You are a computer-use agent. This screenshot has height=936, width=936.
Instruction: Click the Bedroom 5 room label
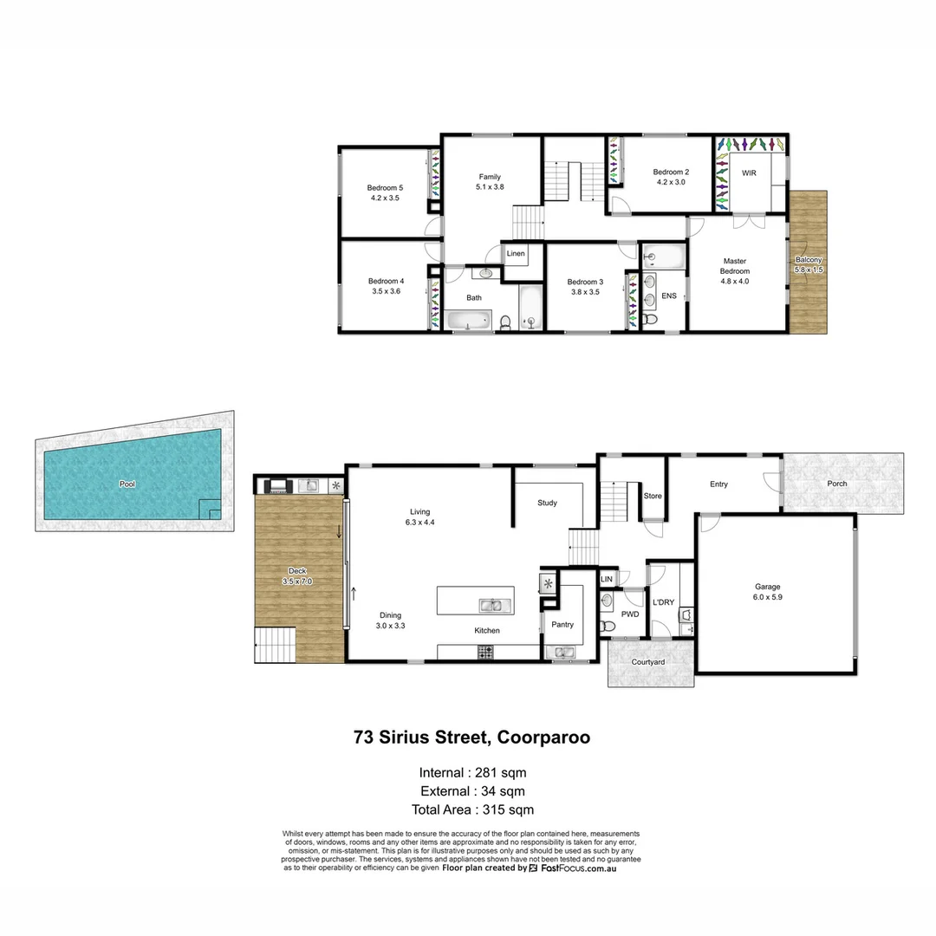tap(384, 188)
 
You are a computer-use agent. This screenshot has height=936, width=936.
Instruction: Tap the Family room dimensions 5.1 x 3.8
tap(490, 187)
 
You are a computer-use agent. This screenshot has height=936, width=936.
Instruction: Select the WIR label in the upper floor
tap(749, 173)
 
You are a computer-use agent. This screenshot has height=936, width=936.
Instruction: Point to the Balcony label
tap(809, 260)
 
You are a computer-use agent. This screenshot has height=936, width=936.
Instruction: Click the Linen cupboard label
tap(516, 254)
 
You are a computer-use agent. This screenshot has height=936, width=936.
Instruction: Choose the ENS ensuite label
tap(668, 296)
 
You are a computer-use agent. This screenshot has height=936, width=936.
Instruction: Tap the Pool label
tap(128, 484)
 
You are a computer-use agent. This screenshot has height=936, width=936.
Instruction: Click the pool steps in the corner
tap(210, 510)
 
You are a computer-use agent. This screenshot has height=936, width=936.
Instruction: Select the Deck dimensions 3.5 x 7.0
tap(297, 582)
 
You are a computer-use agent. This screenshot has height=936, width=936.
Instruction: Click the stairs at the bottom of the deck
tap(275, 646)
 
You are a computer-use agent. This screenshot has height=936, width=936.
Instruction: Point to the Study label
tap(547, 503)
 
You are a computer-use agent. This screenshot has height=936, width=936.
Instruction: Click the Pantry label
tap(562, 625)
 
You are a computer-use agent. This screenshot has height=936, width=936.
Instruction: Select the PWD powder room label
tap(630, 614)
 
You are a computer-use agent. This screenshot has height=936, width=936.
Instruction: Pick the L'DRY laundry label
tap(663, 602)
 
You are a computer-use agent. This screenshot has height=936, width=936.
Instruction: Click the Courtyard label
tap(648, 662)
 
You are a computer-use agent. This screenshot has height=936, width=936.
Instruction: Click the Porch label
tap(837, 484)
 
